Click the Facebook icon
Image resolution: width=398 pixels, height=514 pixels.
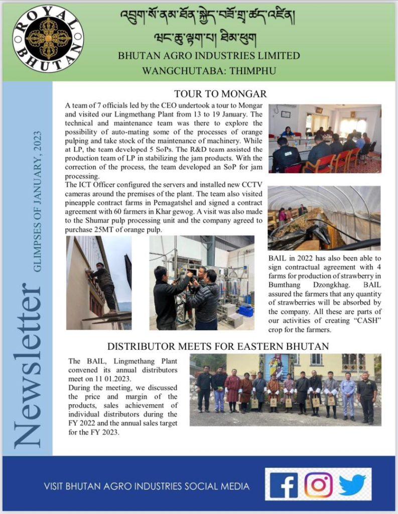(x=284, y=485)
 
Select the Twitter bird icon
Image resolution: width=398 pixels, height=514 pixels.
(x=352, y=485)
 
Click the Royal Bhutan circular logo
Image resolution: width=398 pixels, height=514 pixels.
(x=48, y=38)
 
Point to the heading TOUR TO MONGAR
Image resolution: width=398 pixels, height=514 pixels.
(x=220, y=94)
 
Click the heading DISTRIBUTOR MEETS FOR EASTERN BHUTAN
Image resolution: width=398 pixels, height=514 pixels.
(x=218, y=346)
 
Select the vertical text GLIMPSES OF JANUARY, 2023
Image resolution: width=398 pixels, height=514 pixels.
(x=38, y=201)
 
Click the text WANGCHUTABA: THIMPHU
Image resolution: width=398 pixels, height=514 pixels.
(x=209, y=70)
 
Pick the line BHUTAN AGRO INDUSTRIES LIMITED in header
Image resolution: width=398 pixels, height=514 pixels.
(x=209, y=55)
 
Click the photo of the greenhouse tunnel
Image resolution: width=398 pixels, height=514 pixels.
(x=324, y=218)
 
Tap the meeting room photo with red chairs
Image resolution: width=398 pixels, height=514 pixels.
(x=325, y=139)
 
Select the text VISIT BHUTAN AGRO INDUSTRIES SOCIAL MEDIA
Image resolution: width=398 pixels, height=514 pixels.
(x=147, y=486)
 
